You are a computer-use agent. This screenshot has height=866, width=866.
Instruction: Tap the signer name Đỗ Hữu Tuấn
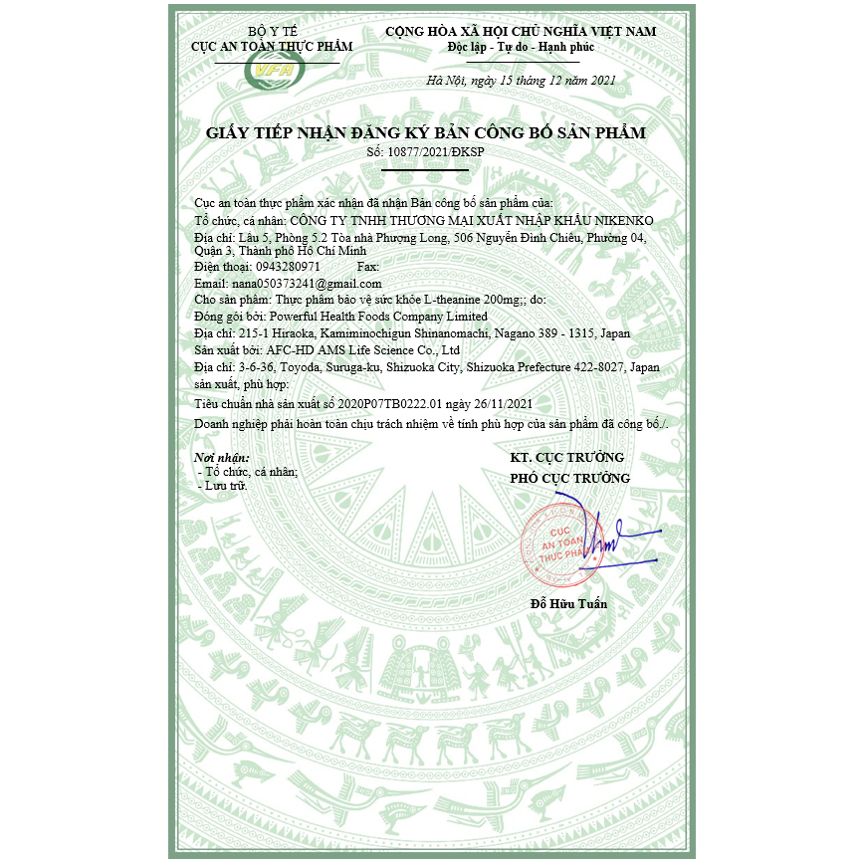tap(568, 603)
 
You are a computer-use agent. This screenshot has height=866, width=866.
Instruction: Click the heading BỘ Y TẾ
tap(272, 32)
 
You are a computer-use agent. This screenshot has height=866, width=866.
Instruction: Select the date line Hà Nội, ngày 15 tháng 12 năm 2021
tap(521, 81)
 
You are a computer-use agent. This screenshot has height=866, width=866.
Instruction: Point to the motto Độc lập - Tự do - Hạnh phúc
tap(521, 47)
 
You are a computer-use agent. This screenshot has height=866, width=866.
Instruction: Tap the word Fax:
tap(367, 267)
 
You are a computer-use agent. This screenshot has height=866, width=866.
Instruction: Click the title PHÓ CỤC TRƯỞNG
tap(569, 478)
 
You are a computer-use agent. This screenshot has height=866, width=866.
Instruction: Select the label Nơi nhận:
tap(221, 458)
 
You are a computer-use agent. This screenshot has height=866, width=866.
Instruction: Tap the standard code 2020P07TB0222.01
tap(389, 403)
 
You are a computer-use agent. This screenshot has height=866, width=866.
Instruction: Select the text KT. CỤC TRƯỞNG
tap(566, 457)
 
